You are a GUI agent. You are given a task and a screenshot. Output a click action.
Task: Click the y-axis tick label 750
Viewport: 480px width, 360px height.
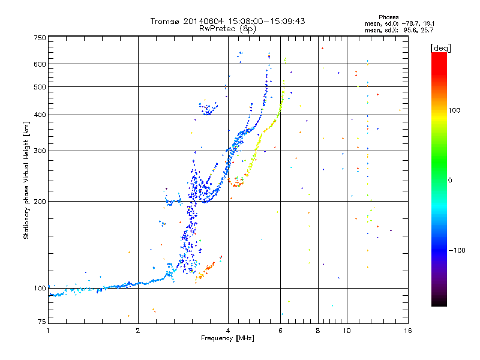(x=40, y=38)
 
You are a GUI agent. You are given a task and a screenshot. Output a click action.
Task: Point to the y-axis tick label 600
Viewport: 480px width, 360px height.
(x=40, y=64)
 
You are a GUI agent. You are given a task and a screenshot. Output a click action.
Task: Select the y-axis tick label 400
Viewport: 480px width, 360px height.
(x=40, y=115)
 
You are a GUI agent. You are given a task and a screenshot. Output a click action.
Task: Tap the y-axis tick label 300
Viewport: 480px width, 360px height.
(x=40, y=151)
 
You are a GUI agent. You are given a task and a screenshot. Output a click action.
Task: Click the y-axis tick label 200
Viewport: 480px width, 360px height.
(x=40, y=201)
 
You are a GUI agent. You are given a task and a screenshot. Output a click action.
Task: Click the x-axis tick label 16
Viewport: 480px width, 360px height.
(x=407, y=331)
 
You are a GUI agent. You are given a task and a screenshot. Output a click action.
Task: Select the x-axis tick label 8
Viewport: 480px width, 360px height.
(x=318, y=331)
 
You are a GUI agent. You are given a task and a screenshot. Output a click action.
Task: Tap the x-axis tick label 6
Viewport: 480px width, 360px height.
(x=280, y=331)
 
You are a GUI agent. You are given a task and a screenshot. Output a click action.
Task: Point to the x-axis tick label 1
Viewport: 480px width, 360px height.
(x=48, y=331)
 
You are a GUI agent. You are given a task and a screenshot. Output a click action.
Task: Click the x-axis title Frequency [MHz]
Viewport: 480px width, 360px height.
(x=228, y=339)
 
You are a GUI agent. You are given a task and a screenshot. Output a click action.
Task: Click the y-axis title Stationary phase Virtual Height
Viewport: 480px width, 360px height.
(x=26, y=181)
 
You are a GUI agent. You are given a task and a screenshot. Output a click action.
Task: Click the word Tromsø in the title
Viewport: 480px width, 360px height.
(x=167, y=21)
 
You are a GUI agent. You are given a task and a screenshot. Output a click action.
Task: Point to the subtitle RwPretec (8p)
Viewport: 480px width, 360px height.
(x=228, y=28)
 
